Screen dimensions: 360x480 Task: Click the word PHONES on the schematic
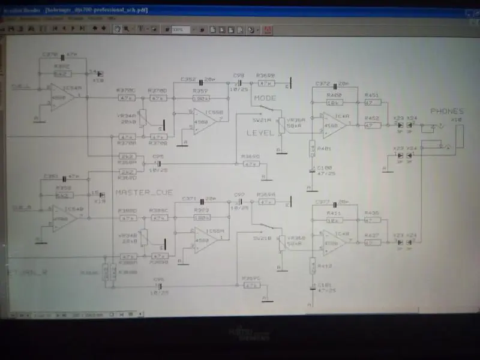(x=447, y=112)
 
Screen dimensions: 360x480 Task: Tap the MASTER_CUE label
(x=140, y=193)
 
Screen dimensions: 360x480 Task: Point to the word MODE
(x=265, y=98)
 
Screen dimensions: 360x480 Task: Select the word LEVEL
(x=260, y=133)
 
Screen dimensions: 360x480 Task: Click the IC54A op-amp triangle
(x=62, y=97)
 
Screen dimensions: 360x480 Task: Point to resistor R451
(x=372, y=103)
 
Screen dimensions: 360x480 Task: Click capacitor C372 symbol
(x=332, y=84)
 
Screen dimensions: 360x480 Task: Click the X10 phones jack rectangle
(x=458, y=135)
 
